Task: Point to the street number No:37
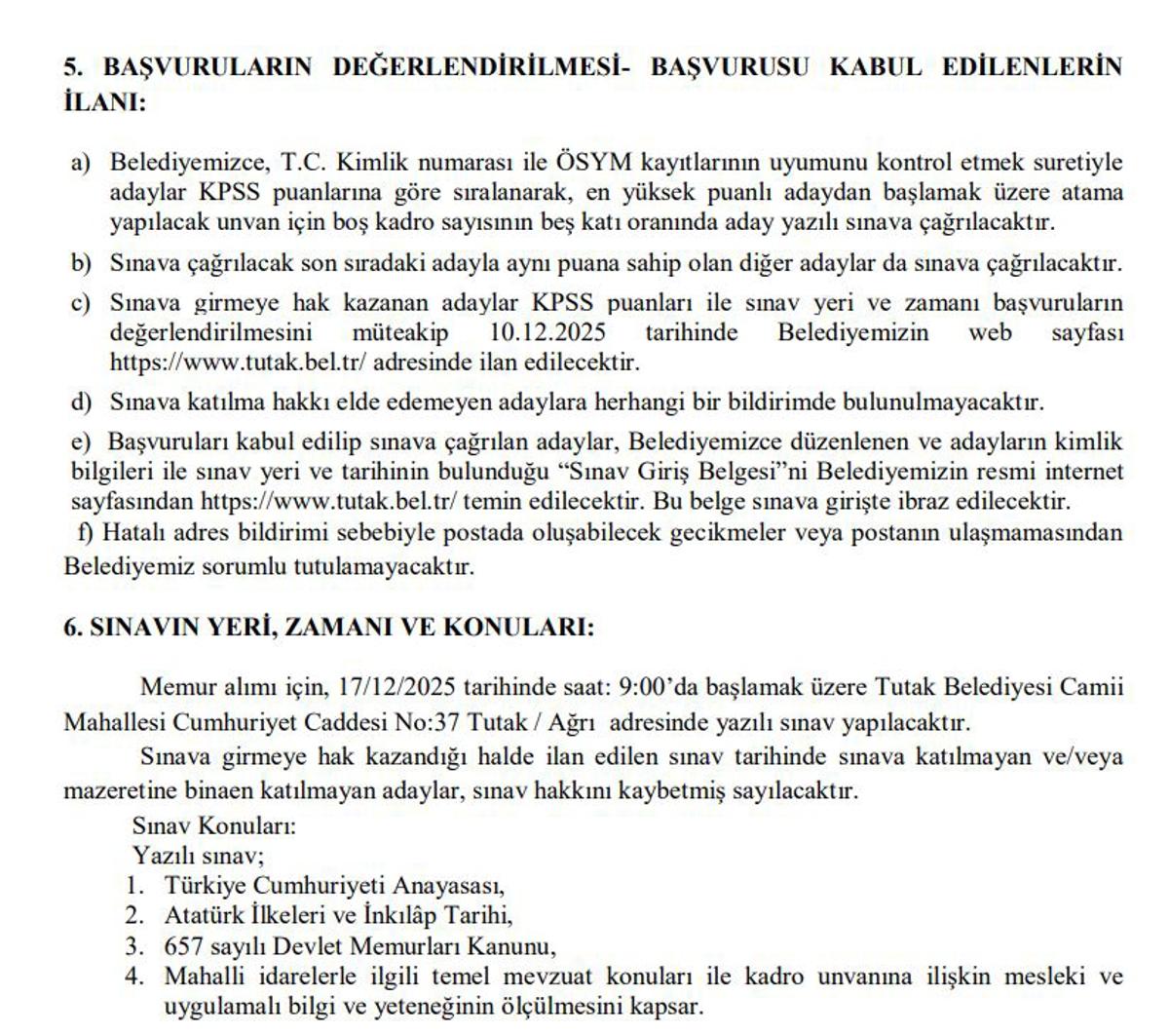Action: point(426,724)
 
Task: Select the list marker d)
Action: point(80,402)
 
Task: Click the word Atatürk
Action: point(199,916)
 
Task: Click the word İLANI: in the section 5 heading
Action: point(103,101)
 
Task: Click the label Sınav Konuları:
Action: point(213,826)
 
